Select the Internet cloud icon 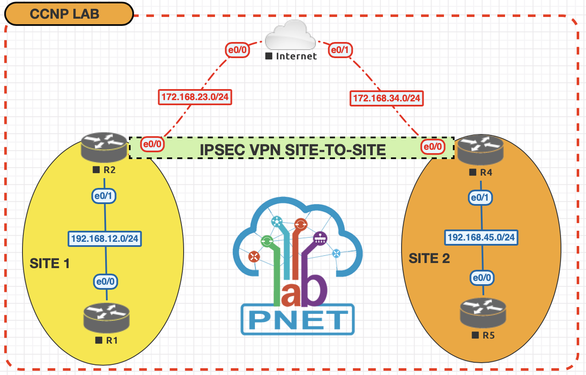coord(290,36)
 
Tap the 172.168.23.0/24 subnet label coord(195,97)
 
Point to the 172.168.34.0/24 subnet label coord(386,98)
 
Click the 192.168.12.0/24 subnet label coord(105,239)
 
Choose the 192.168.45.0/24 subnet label coord(481,238)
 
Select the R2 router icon coord(104,147)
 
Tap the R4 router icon coord(481,150)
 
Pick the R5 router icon coord(483,313)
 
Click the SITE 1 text coord(50,263)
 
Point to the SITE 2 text coord(429,258)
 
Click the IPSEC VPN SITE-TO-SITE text coord(293,150)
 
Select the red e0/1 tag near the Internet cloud coord(340,50)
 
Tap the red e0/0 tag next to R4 coord(433,147)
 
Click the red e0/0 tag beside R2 coord(152,144)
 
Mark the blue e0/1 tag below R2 coord(103,196)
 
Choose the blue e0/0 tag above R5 coord(482,278)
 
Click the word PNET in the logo coord(298,320)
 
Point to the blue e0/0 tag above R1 coord(105,282)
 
